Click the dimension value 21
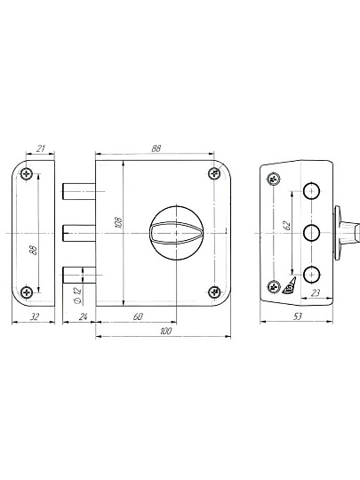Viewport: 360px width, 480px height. pyautogui.click(x=41, y=148)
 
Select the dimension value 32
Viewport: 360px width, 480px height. pyautogui.click(x=35, y=316)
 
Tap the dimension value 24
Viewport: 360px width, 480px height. pyautogui.click(x=83, y=316)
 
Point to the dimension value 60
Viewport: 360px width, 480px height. pyautogui.click(x=138, y=316)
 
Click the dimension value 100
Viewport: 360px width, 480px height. pyautogui.click(x=165, y=331)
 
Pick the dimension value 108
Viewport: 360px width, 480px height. pyautogui.click(x=118, y=222)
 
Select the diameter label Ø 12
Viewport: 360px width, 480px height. pyautogui.click(x=77, y=295)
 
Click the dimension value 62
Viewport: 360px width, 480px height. pyautogui.click(x=287, y=225)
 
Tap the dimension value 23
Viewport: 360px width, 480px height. pyautogui.click(x=315, y=293)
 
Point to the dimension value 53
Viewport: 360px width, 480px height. pyautogui.click(x=298, y=316)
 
